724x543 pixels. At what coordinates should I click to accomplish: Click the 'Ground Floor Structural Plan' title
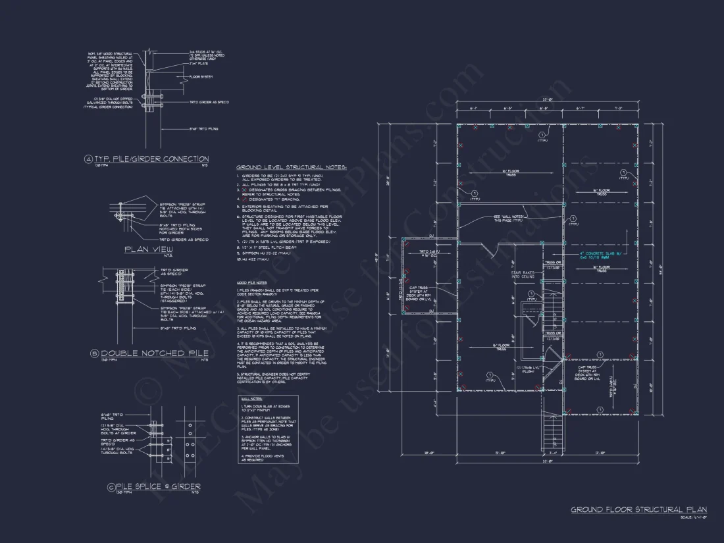[x=638, y=509]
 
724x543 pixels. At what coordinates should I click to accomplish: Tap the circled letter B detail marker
[x=94, y=353]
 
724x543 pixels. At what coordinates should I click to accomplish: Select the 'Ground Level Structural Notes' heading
[x=291, y=168]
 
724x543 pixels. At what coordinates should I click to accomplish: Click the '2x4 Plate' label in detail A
[x=198, y=65]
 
